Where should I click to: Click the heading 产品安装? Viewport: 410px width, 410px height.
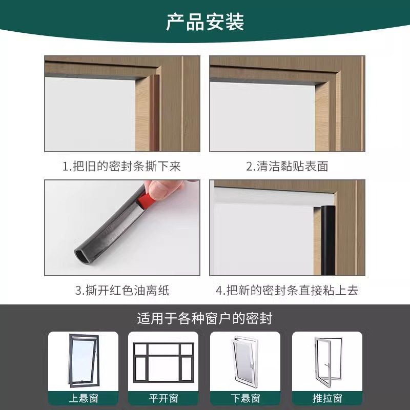pos(205,22)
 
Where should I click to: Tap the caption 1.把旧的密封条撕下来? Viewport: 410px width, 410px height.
pos(121,166)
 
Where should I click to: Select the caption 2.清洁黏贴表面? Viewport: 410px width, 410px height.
pos(287,166)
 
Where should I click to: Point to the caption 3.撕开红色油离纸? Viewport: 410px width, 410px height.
pos(122,291)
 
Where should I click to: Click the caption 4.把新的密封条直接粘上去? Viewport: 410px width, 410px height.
pos(287,291)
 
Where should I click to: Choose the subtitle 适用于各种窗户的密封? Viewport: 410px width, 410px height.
pos(204,318)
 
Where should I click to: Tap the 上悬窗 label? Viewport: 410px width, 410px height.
pos(83,398)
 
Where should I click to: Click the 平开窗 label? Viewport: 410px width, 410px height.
pos(163,398)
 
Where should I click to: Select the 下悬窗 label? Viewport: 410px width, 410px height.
pos(245,398)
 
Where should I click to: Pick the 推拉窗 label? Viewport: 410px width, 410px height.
pos(327,398)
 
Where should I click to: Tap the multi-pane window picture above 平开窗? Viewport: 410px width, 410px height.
pos(163,361)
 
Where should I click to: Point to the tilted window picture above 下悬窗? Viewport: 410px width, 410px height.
pos(245,361)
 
